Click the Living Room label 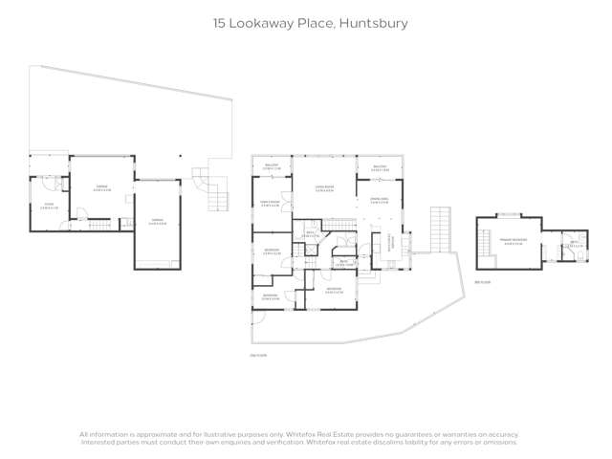(x=324, y=188)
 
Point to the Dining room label (x=380, y=201)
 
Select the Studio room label (x=48, y=206)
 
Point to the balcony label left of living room (x=272, y=166)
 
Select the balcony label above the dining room (x=379, y=166)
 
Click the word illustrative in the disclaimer (x=219, y=435)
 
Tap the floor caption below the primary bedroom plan (x=483, y=282)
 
